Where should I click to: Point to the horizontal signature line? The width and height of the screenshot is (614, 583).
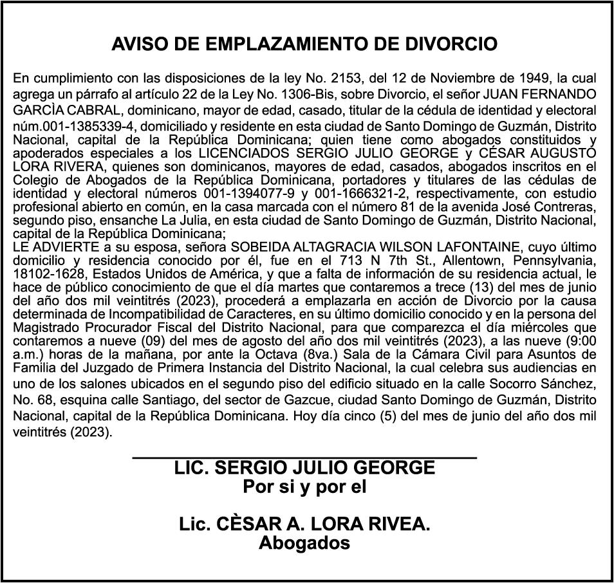304,457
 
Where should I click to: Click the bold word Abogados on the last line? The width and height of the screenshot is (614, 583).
304,543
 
